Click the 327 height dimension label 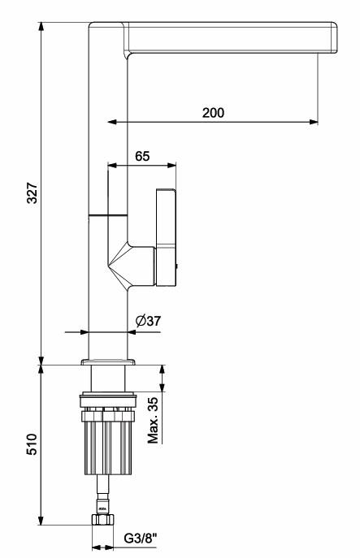[x=33, y=192]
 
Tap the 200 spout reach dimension [x=213, y=113]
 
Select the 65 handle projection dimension [x=142, y=156]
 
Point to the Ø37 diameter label [x=148, y=321]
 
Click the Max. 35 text [x=153, y=420]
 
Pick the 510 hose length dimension [x=32, y=444]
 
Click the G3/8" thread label [x=141, y=538]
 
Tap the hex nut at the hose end [x=103, y=520]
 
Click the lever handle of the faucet [x=166, y=238]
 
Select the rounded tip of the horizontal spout [x=334, y=37]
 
